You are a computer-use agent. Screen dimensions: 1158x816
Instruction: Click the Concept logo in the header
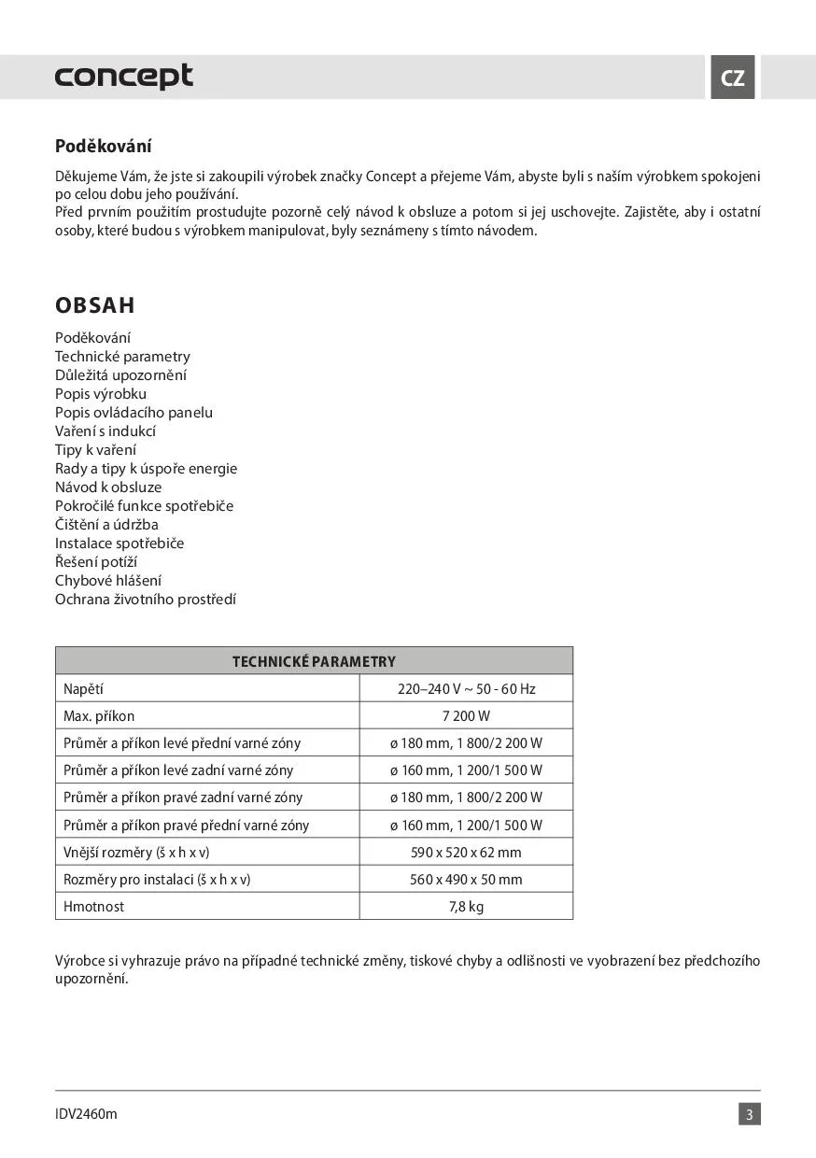pos(124,77)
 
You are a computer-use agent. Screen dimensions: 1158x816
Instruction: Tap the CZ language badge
pos(733,78)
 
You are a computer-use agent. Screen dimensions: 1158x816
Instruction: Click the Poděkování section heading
pos(104,147)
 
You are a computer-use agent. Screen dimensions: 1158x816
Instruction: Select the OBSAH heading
pos(95,305)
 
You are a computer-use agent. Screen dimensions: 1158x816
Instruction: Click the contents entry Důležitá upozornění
pos(120,375)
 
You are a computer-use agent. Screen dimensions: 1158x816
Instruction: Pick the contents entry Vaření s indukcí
pos(106,431)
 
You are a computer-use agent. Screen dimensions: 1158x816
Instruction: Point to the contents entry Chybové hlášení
pos(108,581)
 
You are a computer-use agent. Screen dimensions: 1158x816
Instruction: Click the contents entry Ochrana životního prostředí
pos(146,600)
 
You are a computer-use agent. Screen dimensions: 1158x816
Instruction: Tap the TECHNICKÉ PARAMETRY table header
pos(314,661)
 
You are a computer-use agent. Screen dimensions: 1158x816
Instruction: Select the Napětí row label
pos(83,689)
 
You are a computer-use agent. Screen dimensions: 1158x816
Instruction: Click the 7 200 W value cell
pos(466,716)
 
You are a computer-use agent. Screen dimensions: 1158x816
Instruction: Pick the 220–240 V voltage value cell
pos(466,689)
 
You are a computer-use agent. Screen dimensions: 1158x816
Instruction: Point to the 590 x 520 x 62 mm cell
pos(466,853)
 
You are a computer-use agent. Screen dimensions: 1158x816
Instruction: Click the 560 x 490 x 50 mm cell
pos(466,880)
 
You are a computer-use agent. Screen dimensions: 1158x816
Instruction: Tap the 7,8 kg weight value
pos(466,907)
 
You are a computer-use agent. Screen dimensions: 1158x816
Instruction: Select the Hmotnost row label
pos(93,907)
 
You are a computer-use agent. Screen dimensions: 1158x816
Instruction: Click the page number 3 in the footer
pos(749,1114)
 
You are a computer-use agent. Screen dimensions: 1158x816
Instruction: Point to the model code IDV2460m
pos(86,1114)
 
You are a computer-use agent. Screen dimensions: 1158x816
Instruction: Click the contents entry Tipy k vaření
pos(95,450)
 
